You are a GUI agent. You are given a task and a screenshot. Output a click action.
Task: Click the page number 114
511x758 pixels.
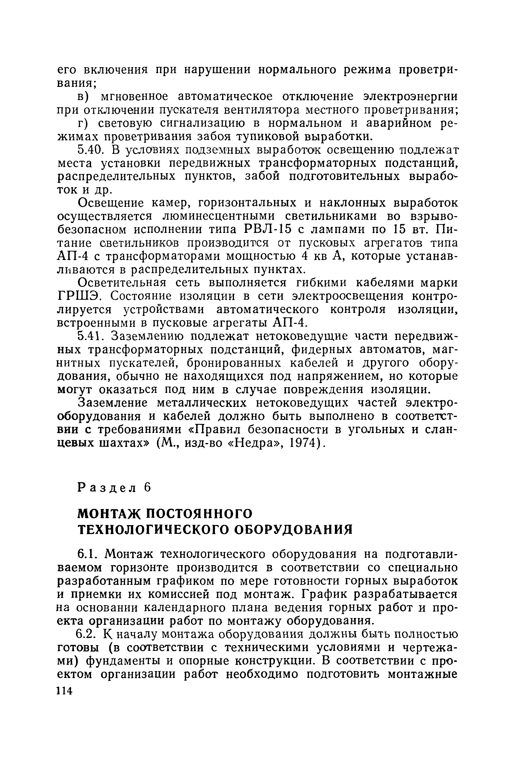[x=64, y=690]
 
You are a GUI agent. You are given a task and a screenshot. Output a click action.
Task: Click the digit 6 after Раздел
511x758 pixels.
[x=148, y=487]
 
